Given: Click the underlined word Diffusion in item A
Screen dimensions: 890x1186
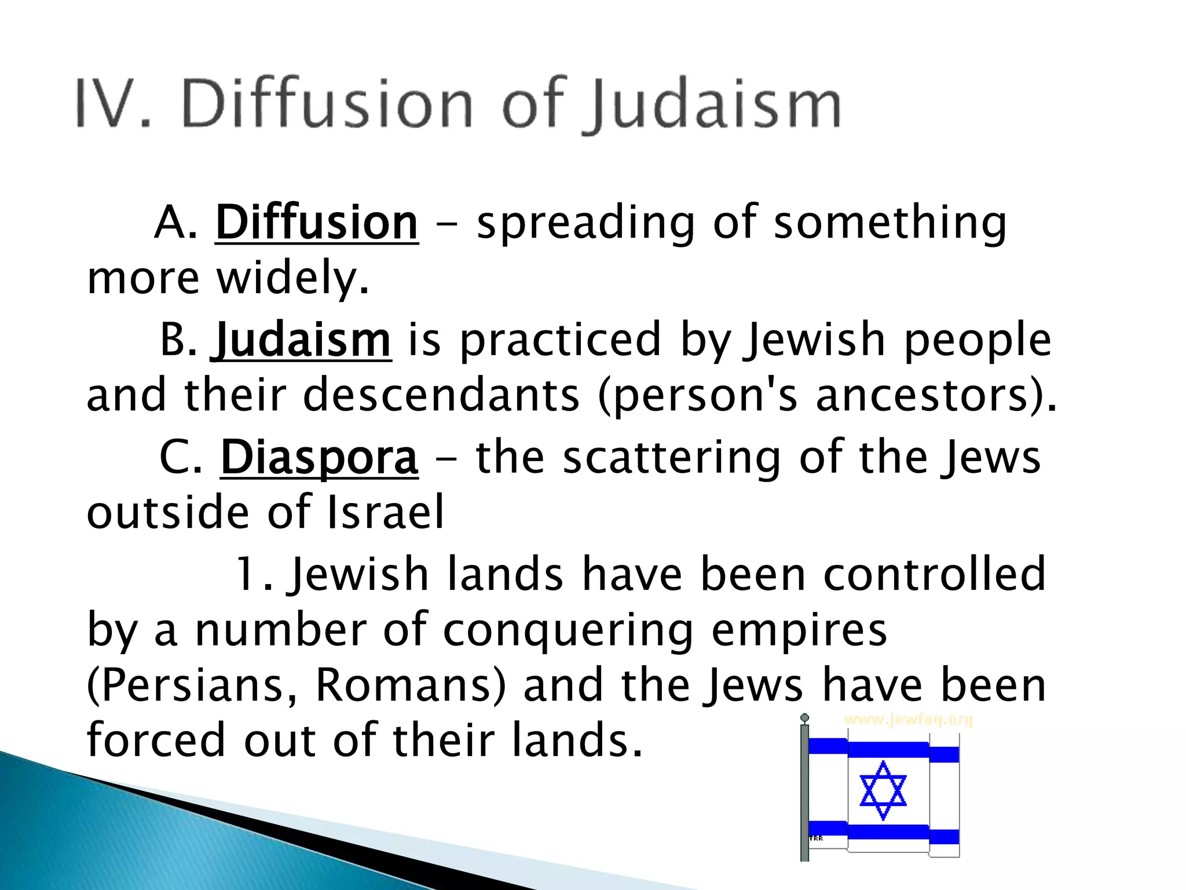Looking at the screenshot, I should tap(316, 222).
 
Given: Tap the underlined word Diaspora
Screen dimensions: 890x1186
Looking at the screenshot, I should tap(319, 458).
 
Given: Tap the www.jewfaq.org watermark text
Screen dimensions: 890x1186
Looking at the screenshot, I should tap(908, 720).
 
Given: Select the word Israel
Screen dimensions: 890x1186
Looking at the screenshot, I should tap(386, 512).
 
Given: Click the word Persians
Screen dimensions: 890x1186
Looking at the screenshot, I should tap(191, 685).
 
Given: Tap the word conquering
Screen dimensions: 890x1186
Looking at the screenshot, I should tap(568, 630).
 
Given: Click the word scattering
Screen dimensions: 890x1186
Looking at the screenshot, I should tap(672, 458).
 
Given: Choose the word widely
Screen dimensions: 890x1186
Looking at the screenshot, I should tap(292, 278).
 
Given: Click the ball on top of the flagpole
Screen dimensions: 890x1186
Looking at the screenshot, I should tap(804, 718).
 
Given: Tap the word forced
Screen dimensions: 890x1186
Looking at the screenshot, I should tap(155, 740).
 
